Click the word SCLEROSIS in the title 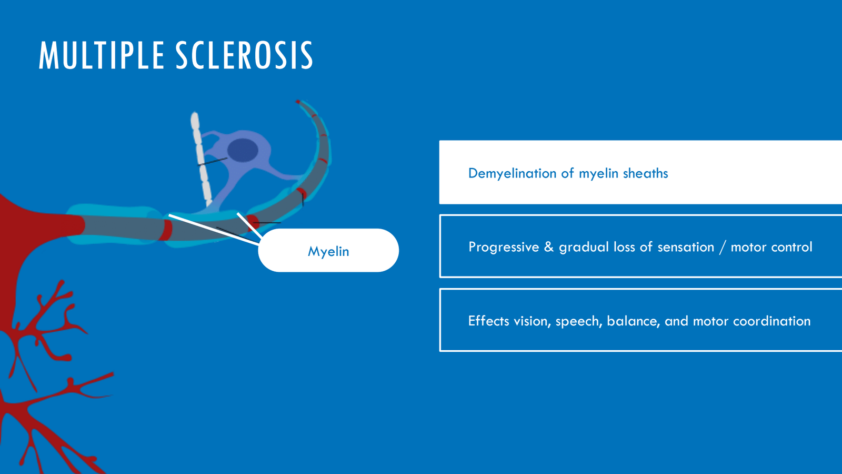click(244, 55)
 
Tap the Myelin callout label click(328, 251)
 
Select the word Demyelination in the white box click(513, 173)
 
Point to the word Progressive click(504, 247)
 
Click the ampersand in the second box click(549, 247)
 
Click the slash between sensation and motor click(723, 247)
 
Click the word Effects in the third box click(489, 321)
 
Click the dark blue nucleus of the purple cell click(243, 150)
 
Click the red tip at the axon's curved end click(298, 102)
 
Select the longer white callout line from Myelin click(214, 230)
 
